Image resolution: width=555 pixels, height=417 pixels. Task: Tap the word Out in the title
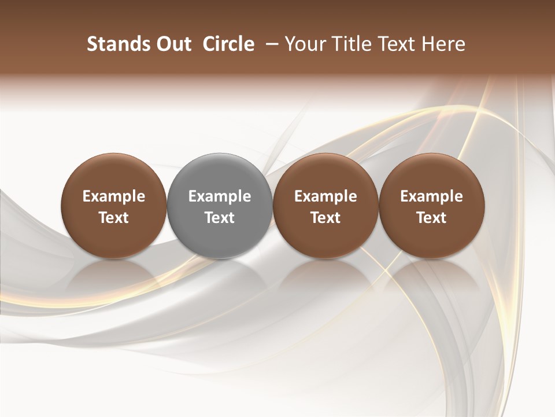(172, 44)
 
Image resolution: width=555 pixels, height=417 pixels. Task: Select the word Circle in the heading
(228, 44)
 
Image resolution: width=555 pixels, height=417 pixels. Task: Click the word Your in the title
(304, 44)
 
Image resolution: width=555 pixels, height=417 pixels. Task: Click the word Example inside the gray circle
(220, 196)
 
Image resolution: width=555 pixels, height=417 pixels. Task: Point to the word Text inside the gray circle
(220, 218)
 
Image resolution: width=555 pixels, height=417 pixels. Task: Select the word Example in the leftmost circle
(114, 196)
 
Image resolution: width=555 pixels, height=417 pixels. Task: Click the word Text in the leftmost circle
(114, 218)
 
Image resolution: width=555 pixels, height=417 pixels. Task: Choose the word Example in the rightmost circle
(431, 196)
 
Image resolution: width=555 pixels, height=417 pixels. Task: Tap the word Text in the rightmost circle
(431, 218)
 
